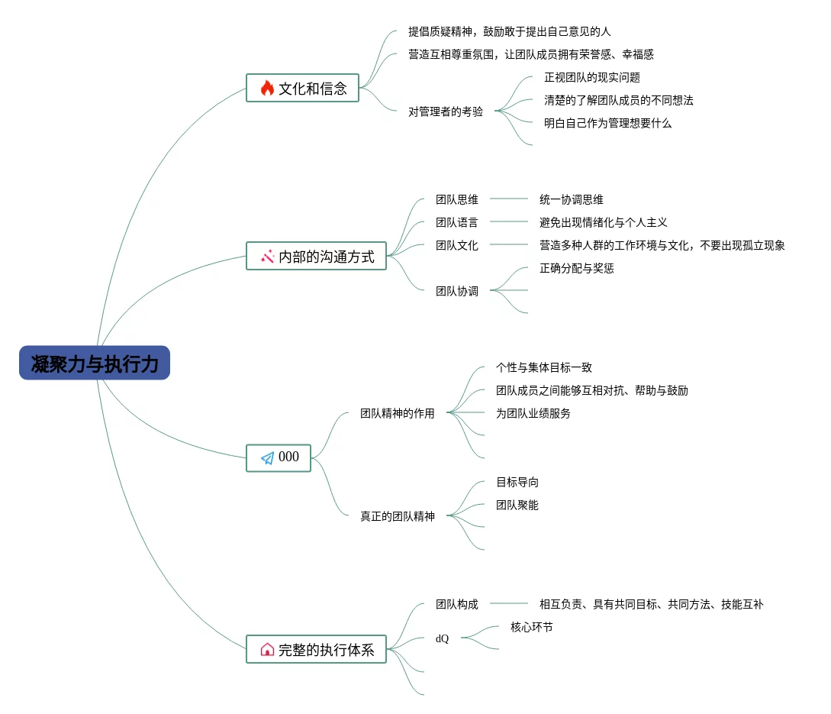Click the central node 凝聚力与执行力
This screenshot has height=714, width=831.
click(95, 363)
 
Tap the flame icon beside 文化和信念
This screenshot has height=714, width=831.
click(267, 88)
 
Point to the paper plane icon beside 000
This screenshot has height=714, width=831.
click(267, 458)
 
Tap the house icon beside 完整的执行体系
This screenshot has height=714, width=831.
click(267, 650)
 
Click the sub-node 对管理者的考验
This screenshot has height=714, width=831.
click(446, 111)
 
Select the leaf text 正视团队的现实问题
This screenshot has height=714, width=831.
click(591, 77)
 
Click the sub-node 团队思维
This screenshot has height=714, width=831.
click(457, 199)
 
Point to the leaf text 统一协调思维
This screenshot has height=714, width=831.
click(571, 199)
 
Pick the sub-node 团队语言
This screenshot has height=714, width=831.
click(457, 222)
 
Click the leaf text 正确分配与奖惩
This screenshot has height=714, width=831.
click(576, 268)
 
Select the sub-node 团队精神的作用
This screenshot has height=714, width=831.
click(398, 413)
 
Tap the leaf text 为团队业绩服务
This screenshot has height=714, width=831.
click(533, 413)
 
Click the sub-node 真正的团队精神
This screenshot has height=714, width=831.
click(398, 516)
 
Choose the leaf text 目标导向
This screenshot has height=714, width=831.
click(517, 482)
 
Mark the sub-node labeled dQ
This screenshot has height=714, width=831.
click(442, 638)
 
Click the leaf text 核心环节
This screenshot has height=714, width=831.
click(531, 627)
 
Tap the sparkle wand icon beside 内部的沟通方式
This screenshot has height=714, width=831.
click(267, 257)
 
